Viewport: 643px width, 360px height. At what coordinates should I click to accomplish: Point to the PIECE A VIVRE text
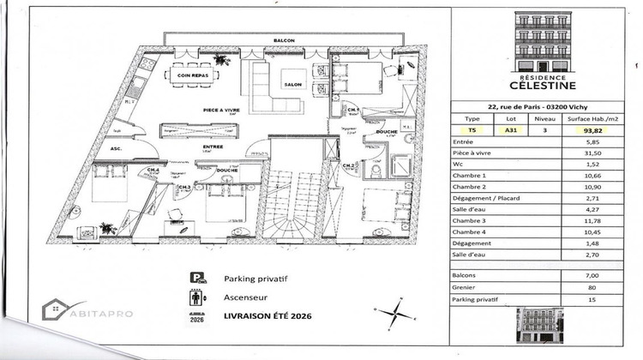click(x=220, y=110)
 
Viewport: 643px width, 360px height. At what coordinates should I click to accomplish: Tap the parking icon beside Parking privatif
click(x=196, y=279)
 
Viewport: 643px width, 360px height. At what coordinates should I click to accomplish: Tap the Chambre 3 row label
click(x=480, y=220)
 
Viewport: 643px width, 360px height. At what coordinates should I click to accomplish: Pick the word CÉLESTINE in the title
click(x=547, y=85)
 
